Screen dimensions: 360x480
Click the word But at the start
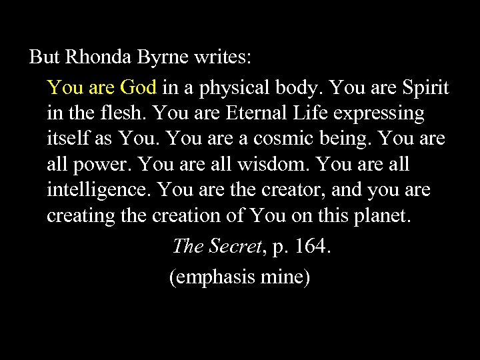44,58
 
